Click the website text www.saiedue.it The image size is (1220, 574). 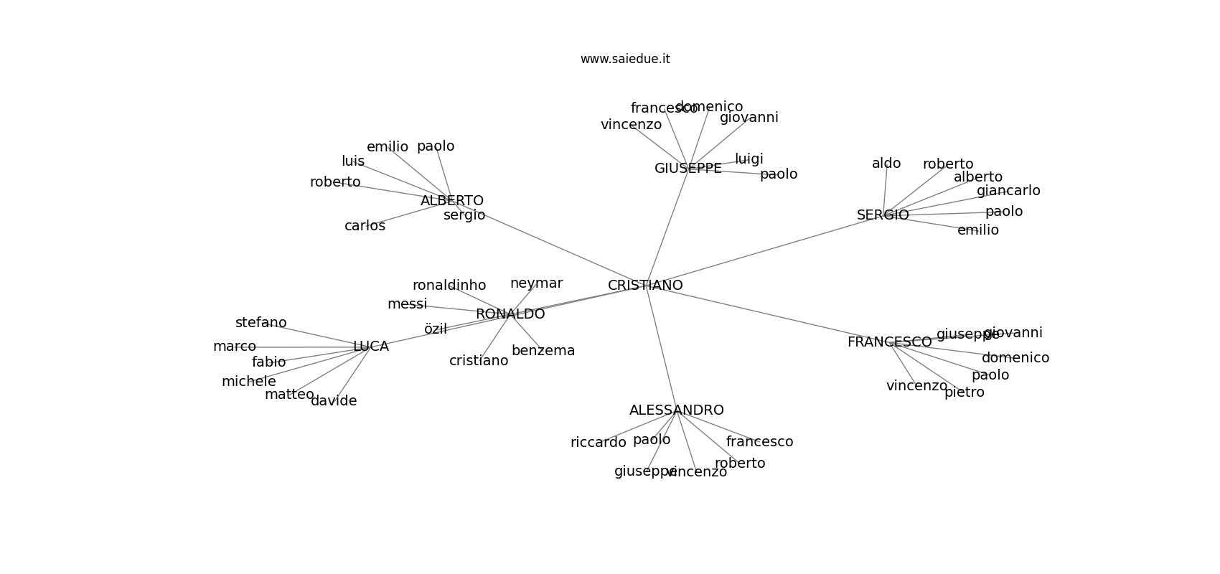(x=625, y=59)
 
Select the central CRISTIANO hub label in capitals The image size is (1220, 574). (x=645, y=285)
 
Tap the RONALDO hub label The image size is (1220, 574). (x=510, y=314)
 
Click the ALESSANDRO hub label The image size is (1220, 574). (x=676, y=410)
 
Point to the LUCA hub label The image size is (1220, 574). (x=371, y=346)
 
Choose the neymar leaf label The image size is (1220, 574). (x=536, y=283)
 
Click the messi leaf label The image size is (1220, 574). (x=407, y=304)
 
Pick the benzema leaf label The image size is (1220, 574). (x=543, y=350)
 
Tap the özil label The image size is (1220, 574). (x=435, y=329)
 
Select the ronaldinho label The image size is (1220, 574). (x=449, y=285)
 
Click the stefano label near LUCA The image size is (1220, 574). (x=261, y=322)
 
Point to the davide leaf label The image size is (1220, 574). (x=334, y=400)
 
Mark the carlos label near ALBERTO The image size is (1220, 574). (x=365, y=225)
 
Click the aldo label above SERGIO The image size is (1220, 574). (x=886, y=163)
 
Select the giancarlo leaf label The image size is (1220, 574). (x=1008, y=190)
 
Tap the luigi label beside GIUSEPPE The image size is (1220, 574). (x=749, y=159)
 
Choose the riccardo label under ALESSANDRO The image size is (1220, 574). (x=598, y=442)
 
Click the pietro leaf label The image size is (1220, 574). (x=964, y=392)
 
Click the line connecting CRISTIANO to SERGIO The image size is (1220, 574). (x=761, y=251)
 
